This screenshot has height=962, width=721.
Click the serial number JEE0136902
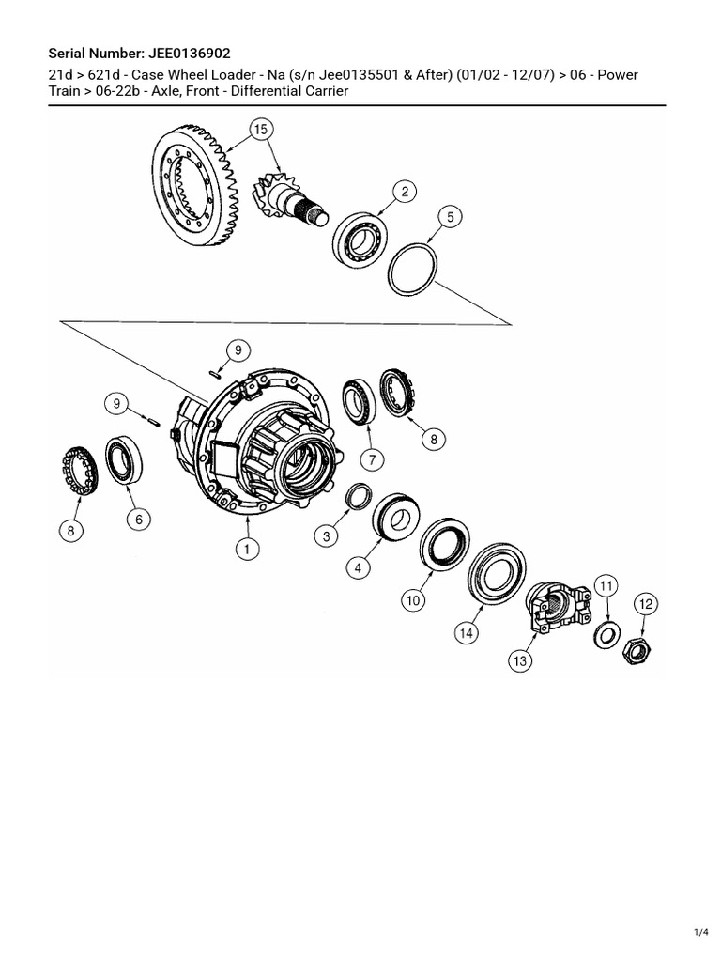point(187,54)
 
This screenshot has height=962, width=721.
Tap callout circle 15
point(260,129)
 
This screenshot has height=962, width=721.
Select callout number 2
point(405,193)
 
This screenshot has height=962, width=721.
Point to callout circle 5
point(450,217)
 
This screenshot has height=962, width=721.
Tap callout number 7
point(371,459)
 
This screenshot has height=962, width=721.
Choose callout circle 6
point(137,518)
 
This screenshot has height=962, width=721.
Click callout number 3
point(327,536)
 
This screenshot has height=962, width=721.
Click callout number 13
point(520,661)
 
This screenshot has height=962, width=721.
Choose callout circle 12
point(646,604)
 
